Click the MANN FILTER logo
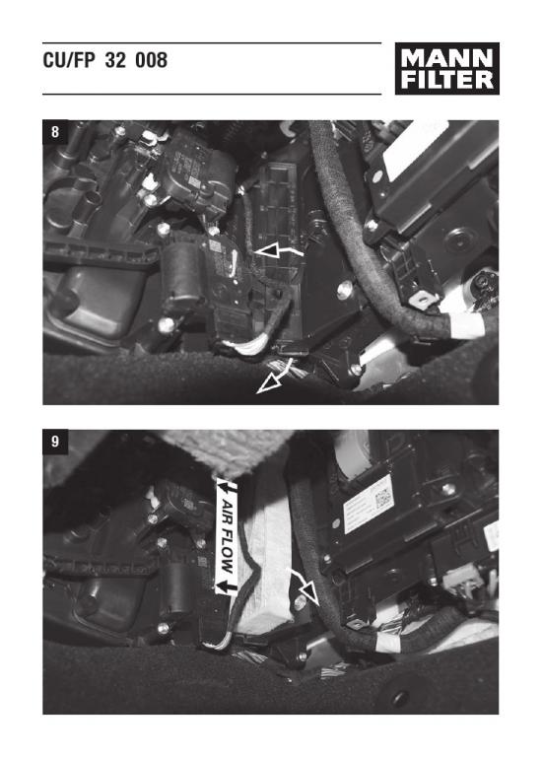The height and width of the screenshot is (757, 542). pos(446,69)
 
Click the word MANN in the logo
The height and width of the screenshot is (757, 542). pos(446,58)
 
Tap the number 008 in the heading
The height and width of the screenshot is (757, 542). pos(151,60)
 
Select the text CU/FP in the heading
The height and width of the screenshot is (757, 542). pos(71,60)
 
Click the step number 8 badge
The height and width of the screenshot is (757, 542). pos(55,132)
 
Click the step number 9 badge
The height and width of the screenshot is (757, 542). pos(55,442)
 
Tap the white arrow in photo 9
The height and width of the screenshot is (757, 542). pos(304,585)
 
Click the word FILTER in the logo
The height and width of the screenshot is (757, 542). pos(446,80)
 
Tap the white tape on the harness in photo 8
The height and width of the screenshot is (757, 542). pos(467,324)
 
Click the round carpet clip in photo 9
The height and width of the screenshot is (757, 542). pos(400,698)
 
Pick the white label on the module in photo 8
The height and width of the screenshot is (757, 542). pos(416,143)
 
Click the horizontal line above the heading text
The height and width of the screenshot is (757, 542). pos(212,43)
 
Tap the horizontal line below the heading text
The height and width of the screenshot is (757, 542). pos(212,95)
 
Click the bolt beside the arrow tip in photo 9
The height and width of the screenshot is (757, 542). pos(301,601)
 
